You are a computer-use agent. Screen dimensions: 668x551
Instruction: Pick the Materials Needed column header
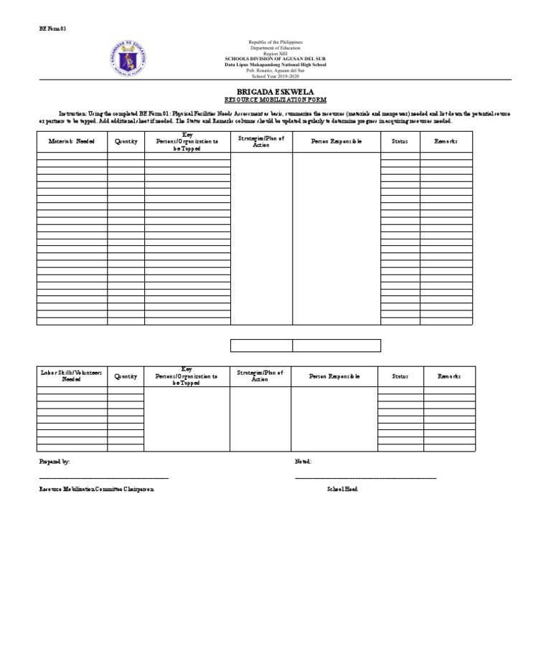click(x=72, y=141)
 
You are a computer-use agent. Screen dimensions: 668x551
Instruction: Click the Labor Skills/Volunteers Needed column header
click(x=72, y=376)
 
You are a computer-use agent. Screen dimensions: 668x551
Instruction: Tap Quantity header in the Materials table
click(x=126, y=141)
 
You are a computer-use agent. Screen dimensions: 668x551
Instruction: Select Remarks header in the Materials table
click(x=446, y=141)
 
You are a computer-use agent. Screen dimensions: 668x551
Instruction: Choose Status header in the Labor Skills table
click(x=400, y=376)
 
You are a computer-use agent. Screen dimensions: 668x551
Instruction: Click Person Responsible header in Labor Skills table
click(x=334, y=376)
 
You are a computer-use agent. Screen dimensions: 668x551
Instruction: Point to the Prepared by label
click(x=55, y=462)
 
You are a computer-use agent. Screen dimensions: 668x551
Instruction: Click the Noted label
click(x=303, y=462)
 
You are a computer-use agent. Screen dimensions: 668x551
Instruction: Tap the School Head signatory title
click(x=342, y=488)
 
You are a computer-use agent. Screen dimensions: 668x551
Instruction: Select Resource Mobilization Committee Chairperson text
click(x=96, y=488)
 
